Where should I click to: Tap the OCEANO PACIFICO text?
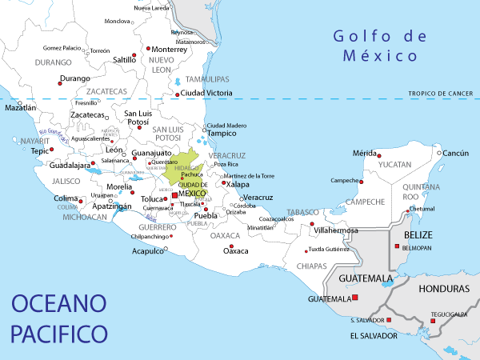click(60, 317)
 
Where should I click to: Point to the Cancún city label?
click(455, 153)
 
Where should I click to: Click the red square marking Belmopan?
click(396, 246)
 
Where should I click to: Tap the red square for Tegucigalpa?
click(433, 322)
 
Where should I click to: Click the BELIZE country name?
click(418, 234)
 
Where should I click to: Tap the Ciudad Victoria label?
click(207, 94)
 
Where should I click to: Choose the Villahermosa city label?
click(336, 230)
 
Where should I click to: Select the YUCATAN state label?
click(394, 164)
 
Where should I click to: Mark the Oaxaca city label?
click(235, 250)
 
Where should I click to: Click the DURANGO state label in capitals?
click(54, 62)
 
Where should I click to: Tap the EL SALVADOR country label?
click(374, 335)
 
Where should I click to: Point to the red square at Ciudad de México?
click(175, 195)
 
